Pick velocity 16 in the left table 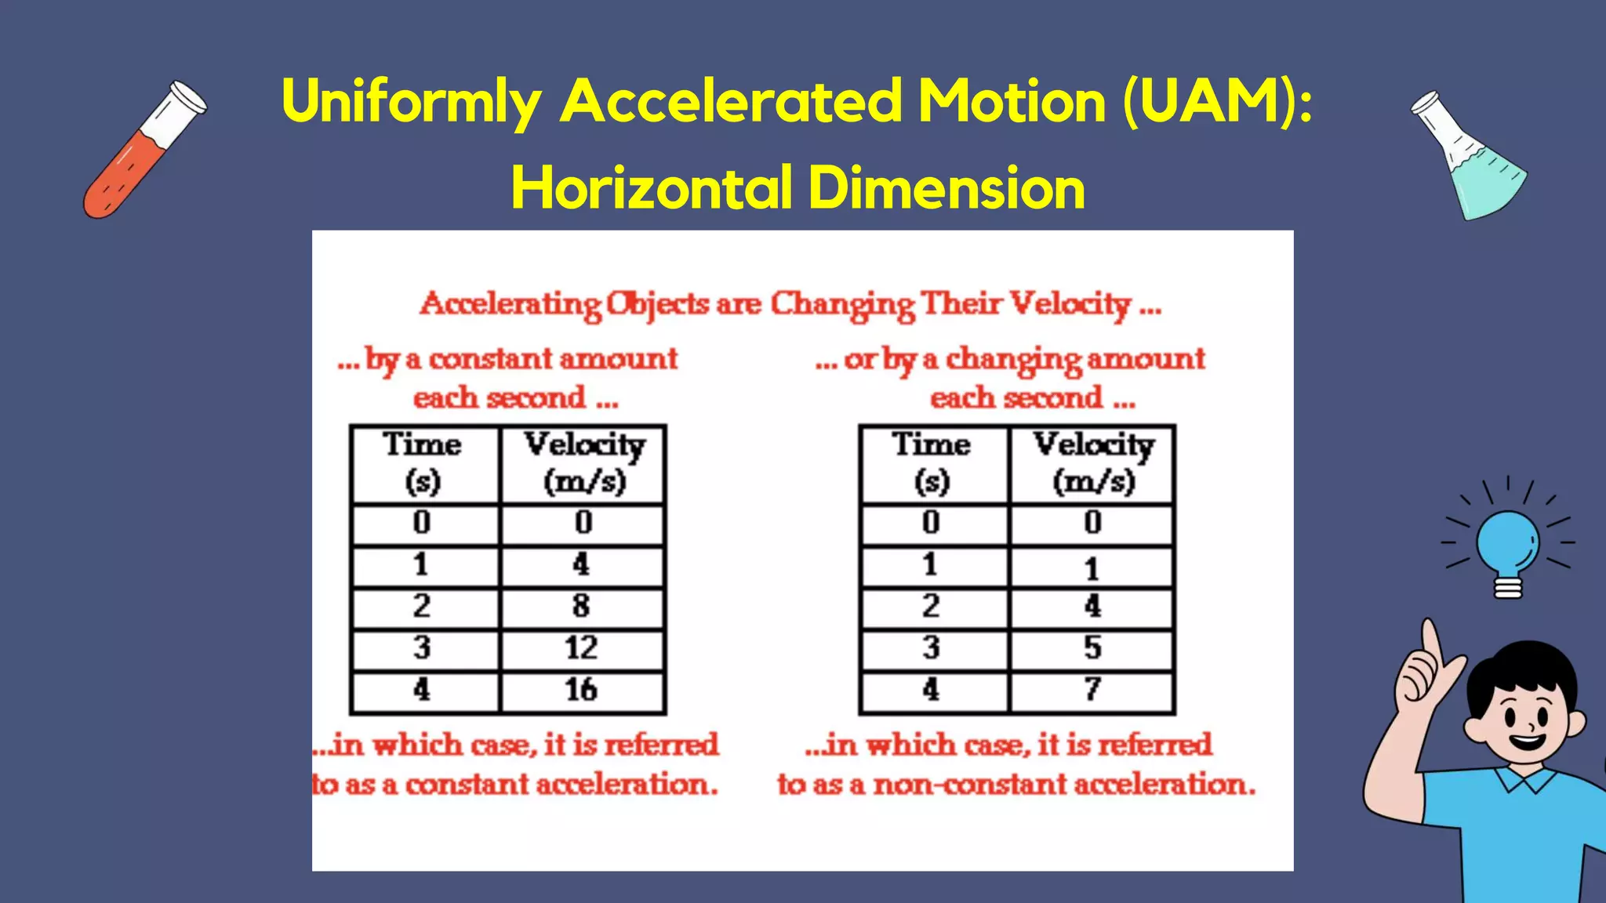(x=581, y=690)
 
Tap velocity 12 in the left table (x=581, y=648)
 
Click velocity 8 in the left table (x=581, y=606)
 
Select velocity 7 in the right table (x=1092, y=690)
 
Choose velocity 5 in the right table (x=1092, y=648)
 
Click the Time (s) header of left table (x=423, y=463)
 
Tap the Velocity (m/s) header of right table (x=1093, y=463)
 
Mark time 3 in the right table (x=931, y=648)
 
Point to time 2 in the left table (x=422, y=606)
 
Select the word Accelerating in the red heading (x=511, y=304)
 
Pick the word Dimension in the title (x=947, y=189)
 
